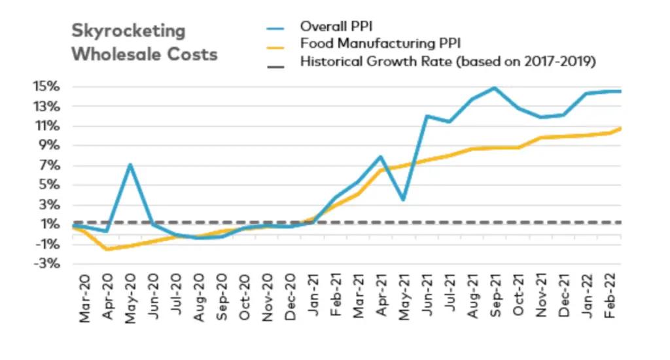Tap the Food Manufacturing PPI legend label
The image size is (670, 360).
pos(380,44)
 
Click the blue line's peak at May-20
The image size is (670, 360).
pos(130,164)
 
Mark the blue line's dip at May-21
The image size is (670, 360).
pos(404,200)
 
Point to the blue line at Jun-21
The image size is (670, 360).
pos(427,116)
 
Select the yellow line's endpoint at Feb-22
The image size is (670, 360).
pos(620,128)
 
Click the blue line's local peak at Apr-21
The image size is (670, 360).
pos(381,156)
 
